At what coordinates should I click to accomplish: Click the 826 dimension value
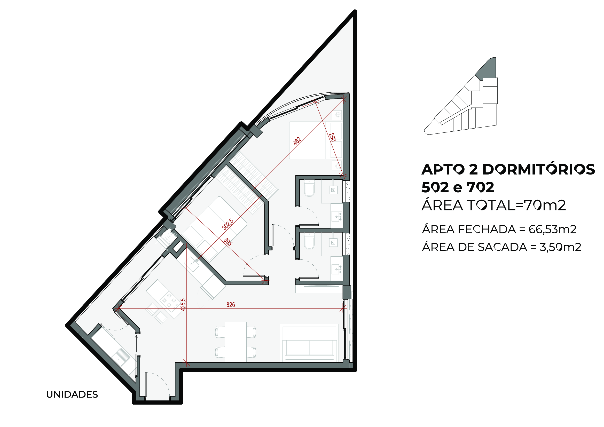pyautogui.click(x=230, y=305)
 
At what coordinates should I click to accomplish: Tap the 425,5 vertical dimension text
pyautogui.click(x=183, y=304)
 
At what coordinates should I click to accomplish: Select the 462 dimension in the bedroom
pyautogui.click(x=297, y=141)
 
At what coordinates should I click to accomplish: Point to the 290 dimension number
pyautogui.click(x=333, y=137)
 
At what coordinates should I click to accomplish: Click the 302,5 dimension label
pyautogui.click(x=228, y=224)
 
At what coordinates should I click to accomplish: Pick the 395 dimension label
pyautogui.click(x=228, y=242)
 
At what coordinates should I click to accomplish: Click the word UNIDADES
pyautogui.click(x=72, y=394)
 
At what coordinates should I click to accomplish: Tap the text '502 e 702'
pyautogui.click(x=458, y=187)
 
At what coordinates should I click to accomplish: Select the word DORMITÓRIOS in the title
pyautogui.click(x=538, y=169)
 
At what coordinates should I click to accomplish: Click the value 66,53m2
pyautogui.click(x=553, y=229)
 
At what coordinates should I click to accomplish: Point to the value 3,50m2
pyautogui.click(x=560, y=247)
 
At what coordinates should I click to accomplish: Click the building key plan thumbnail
pyautogui.click(x=461, y=96)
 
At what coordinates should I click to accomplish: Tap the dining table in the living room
pyautogui.click(x=236, y=342)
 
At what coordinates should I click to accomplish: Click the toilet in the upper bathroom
pyautogui.click(x=309, y=188)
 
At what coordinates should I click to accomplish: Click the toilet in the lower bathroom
pyautogui.click(x=309, y=241)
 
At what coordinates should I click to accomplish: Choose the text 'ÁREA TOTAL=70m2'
pyautogui.click(x=493, y=205)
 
